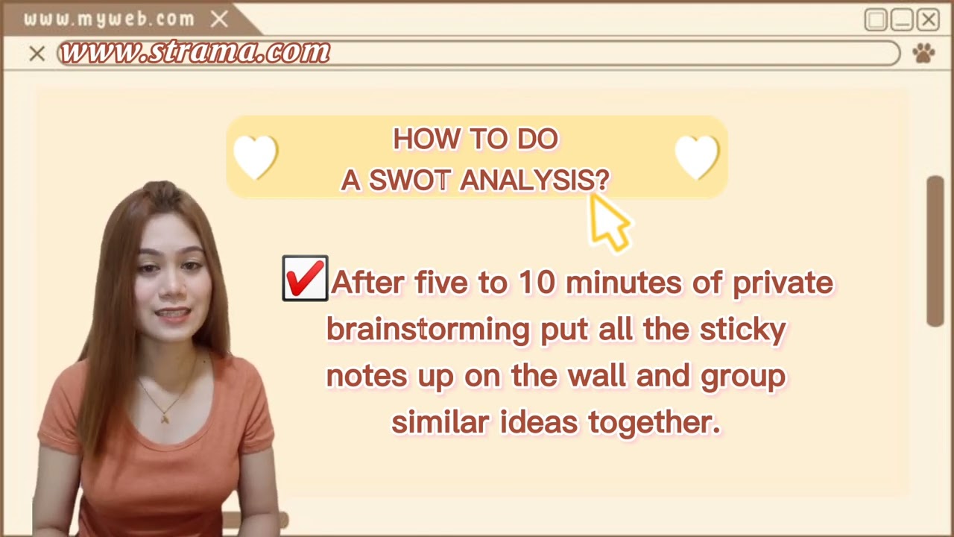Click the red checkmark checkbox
tap(305, 279)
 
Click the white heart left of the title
tap(255, 157)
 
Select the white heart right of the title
tap(697, 157)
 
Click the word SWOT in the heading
tap(409, 180)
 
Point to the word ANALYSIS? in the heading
tap(534, 180)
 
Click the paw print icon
tap(923, 53)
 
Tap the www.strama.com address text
tap(195, 52)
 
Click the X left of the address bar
tap(37, 54)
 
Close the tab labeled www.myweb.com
tap(219, 19)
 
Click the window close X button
tap(928, 19)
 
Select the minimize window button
tap(902, 19)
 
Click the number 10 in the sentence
tap(537, 283)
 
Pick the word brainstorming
tap(428, 329)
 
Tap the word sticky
tap(742, 329)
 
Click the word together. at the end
tap(654, 422)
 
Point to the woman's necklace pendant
tap(165, 418)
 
